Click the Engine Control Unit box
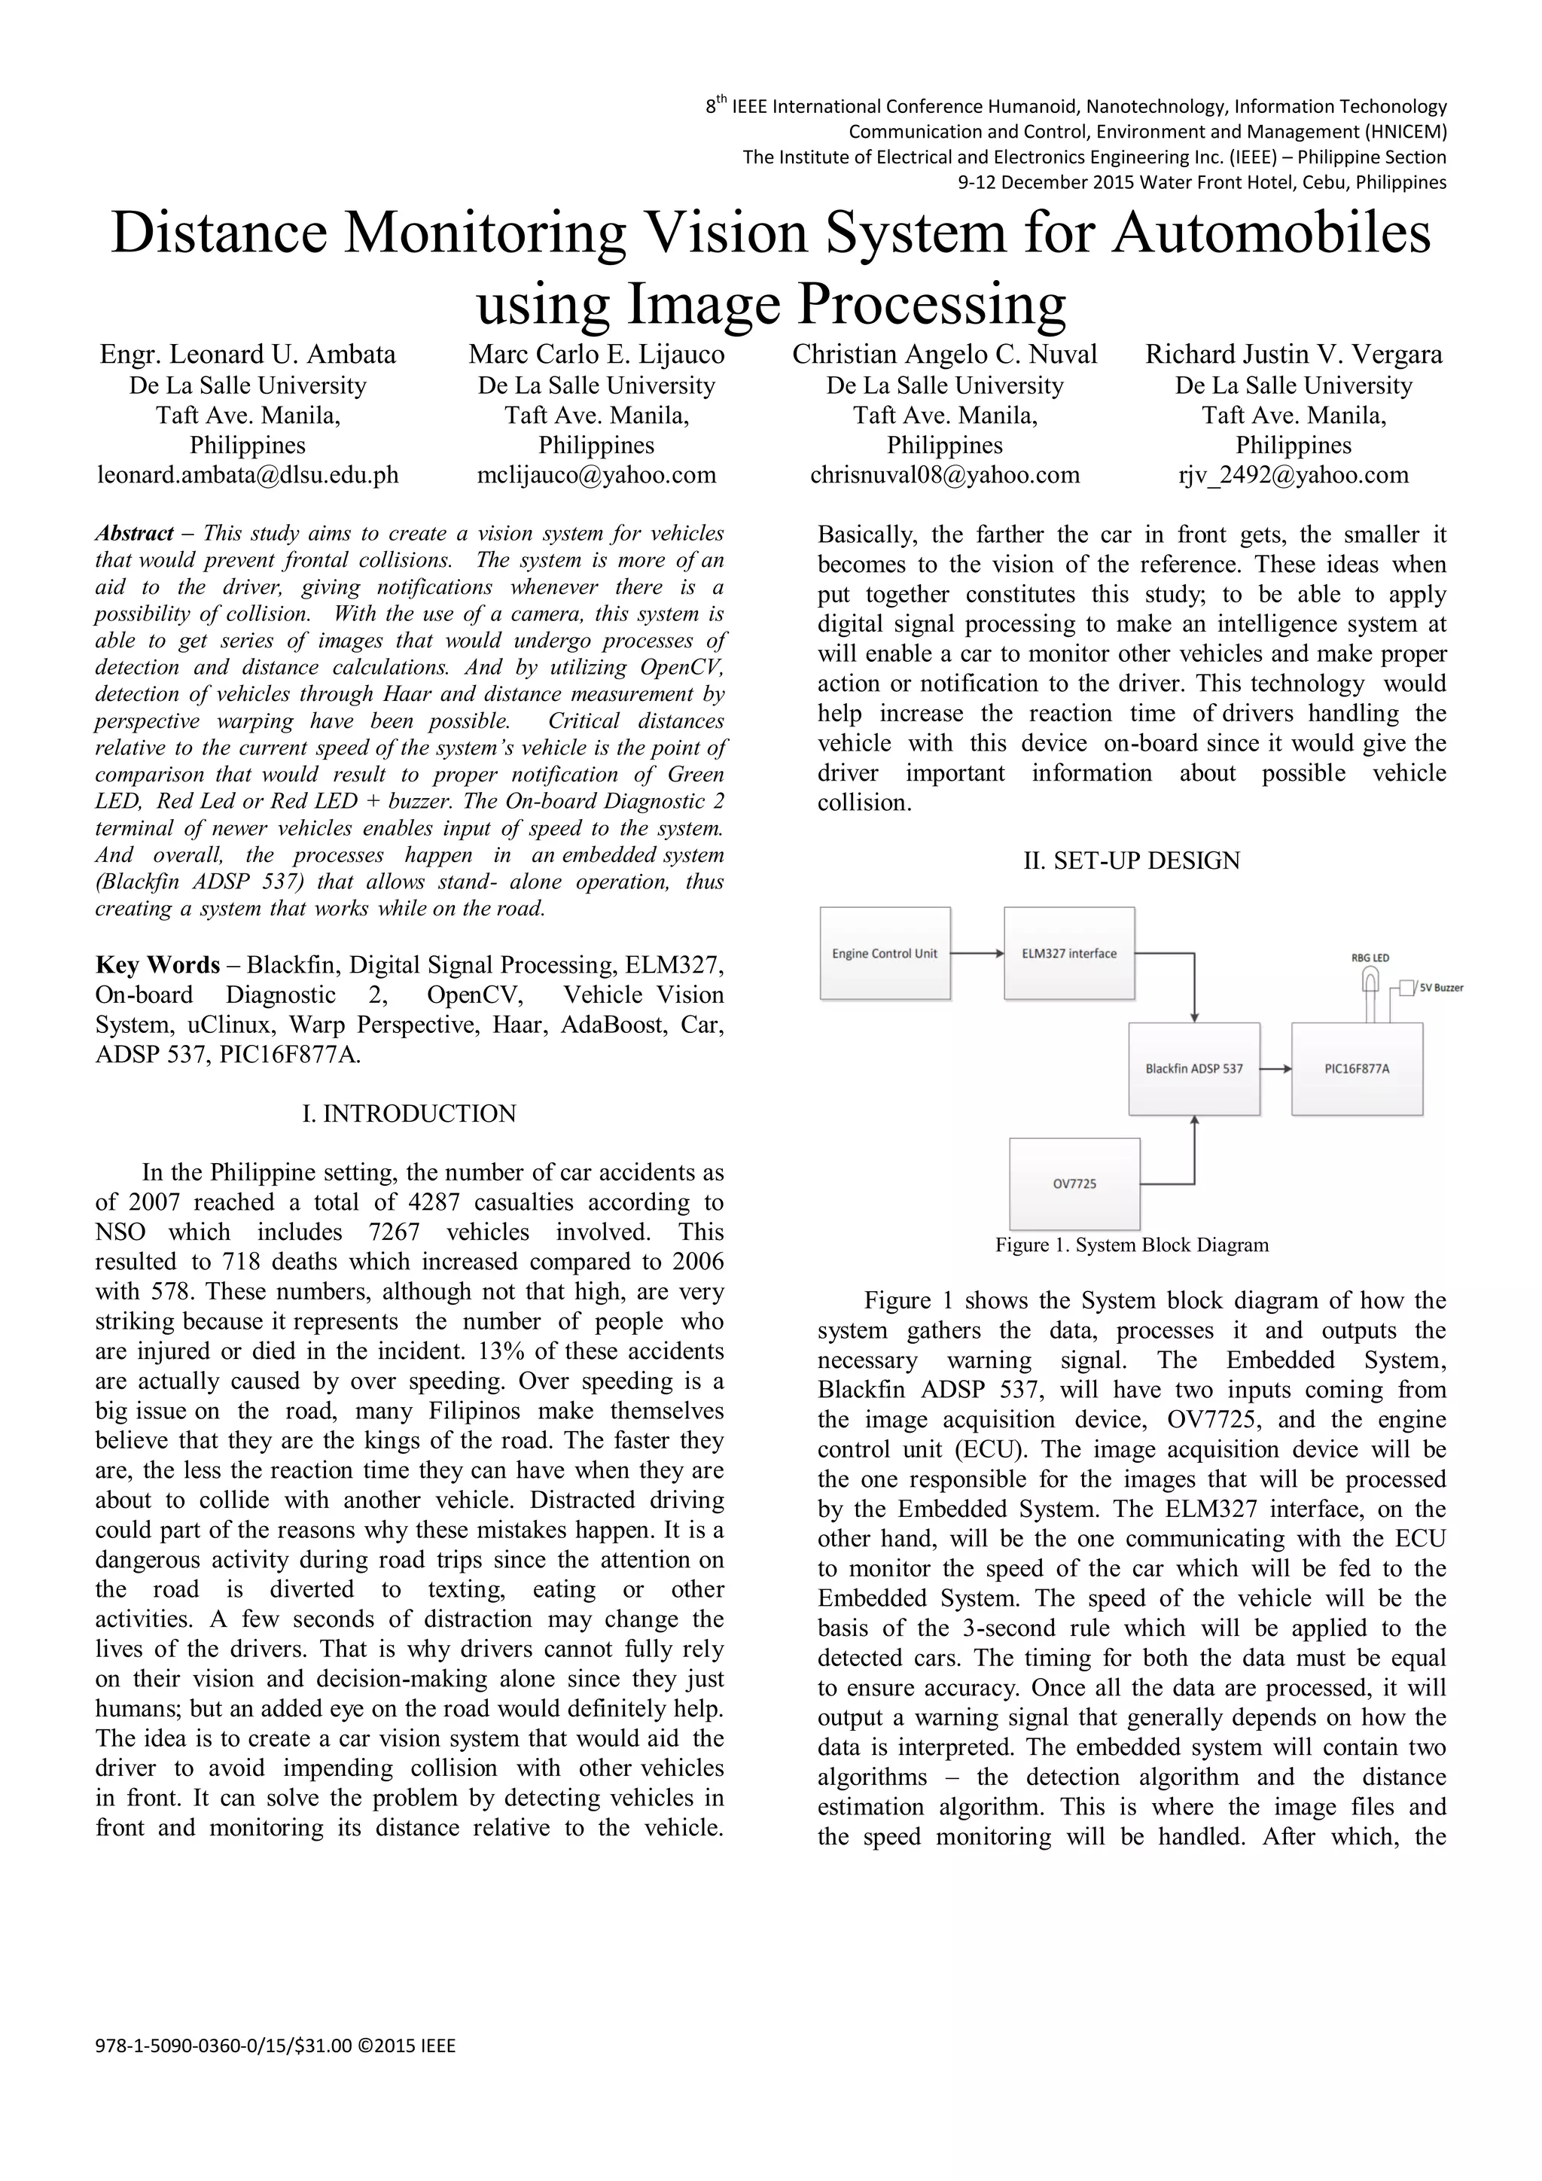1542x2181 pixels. coord(885,953)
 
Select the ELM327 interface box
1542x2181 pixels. coord(1069,953)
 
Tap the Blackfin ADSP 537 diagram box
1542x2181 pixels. coord(1193,1068)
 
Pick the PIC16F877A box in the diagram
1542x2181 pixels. coord(1357,1068)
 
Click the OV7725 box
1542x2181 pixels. coord(1074,1183)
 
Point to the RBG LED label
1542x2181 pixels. coord(1369,958)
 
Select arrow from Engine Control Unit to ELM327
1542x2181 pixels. coord(977,953)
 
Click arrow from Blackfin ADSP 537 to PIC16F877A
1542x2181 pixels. coord(1275,1068)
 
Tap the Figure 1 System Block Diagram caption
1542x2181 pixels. coord(1132,1244)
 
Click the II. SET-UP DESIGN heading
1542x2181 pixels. coord(1132,861)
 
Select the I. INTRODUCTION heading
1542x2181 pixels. coord(410,1113)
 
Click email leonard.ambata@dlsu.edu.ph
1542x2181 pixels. coord(248,475)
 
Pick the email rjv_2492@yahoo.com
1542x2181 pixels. coord(1293,475)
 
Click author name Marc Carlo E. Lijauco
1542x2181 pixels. coord(596,355)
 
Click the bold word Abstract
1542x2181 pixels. coord(134,533)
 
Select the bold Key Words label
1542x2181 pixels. coord(157,965)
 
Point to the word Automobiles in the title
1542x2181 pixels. coord(1271,233)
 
